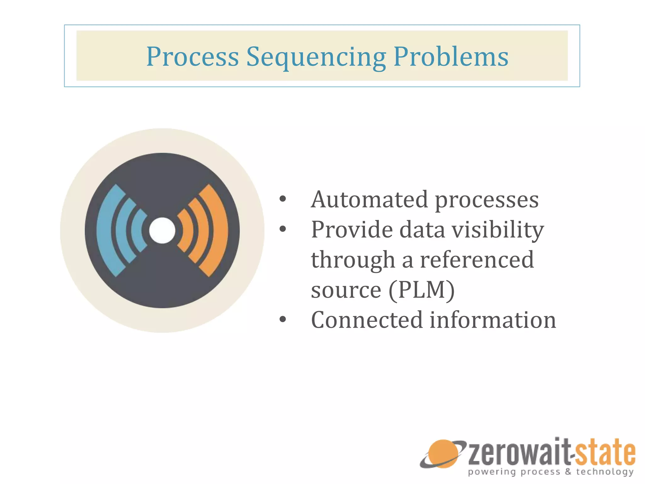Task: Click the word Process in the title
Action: pyautogui.click(x=192, y=57)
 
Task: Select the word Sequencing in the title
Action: pyautogui.click(x=316, y=57)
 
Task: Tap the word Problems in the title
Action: pyautogui.click(x=451, y=57)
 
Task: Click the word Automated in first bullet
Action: pyautogui.click(x=369, y=200)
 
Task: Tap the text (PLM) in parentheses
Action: pyautogui.click(x=422, y=290)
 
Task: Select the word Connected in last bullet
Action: pyautogui.click(x=366, y=320)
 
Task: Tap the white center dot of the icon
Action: pyautogui.click(x=162, y=230)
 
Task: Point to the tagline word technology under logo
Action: pyautogui.click(x=605, y=472)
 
